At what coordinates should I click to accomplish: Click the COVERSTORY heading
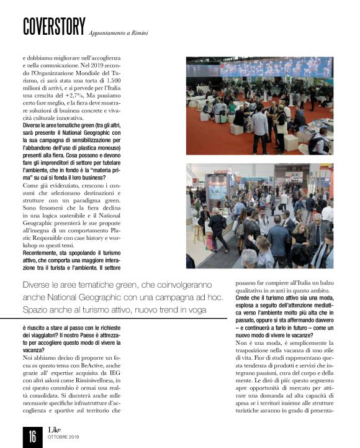click(x=53, y=25)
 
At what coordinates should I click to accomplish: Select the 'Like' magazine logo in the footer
click(x=56, y=429)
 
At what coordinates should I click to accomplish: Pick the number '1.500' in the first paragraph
click(x=156, y=80)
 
